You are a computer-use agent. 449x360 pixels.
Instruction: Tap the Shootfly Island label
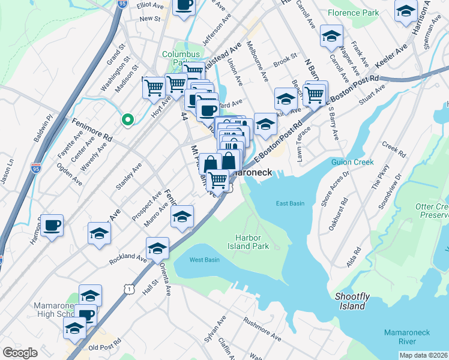[351, 301]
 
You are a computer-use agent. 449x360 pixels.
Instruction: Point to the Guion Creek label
[352, 162]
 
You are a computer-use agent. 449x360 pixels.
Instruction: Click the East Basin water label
[290, 203]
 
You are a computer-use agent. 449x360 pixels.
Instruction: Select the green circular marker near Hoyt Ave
[127, 119]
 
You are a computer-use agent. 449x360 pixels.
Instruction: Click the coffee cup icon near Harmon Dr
[52, 225]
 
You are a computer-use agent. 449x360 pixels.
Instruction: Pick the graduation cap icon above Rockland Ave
[157, 247]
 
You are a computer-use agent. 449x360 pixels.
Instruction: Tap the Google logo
[20, 353]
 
